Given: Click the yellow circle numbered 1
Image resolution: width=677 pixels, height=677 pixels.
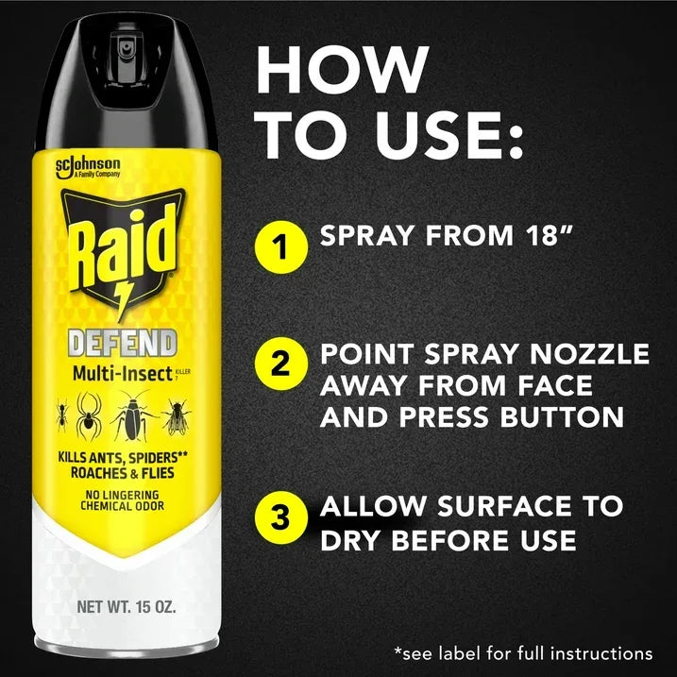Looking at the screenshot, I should click(281, 247).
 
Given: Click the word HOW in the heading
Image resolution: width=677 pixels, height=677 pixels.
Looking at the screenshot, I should click(342, 70).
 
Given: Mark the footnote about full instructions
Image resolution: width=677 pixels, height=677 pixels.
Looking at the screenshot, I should click(522, 652).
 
